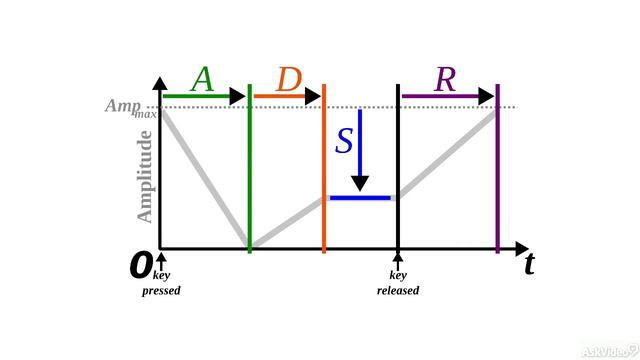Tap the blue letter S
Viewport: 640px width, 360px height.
(343, 141)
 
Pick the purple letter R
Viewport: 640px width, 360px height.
(445, 79)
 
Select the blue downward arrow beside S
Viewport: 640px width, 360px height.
(360, 150)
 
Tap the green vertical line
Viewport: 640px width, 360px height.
(250, 170)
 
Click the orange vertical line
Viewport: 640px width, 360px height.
(324, 170)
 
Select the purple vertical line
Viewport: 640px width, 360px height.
(497, 170)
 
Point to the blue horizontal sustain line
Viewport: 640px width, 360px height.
(360, 198)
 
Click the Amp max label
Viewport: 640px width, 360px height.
(130, 107)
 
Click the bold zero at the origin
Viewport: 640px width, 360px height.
(141, 265)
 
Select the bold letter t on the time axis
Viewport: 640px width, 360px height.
(528, 264)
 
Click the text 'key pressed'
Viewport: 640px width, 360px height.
(161, 284)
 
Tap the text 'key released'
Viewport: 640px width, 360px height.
(398, 284)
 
